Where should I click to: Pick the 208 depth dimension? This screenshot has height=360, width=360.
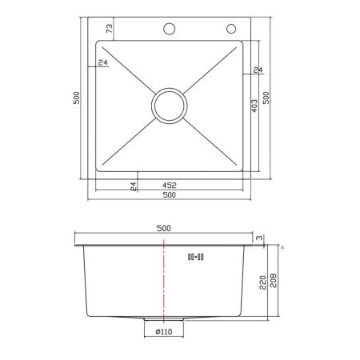[x=274, y=282]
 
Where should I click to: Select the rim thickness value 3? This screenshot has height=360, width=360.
[x=259, y=238]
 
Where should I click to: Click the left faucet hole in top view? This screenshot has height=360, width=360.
[x=170, y=30]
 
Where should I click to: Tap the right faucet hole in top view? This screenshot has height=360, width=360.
[x=232, y=30]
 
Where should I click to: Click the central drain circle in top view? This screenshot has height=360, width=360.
[x=170, y=105]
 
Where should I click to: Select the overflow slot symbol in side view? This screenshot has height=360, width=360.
[x=195, y=257]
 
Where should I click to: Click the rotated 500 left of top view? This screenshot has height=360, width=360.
[x=76, y=98]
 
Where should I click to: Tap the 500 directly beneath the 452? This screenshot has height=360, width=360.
[x=170, y=195]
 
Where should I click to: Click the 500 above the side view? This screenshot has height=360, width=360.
[x=164, y=228]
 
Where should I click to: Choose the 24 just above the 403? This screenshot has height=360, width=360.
[x=257, y=71]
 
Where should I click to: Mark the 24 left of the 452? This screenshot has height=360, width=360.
[x=134, y=185]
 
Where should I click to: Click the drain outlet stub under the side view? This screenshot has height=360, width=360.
[x=163, y=322]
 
